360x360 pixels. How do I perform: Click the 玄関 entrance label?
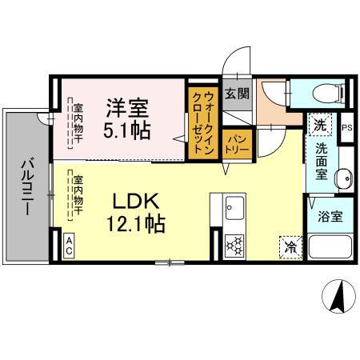235,93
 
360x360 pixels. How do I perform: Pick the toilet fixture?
323,94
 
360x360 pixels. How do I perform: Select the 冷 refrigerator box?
290,246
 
